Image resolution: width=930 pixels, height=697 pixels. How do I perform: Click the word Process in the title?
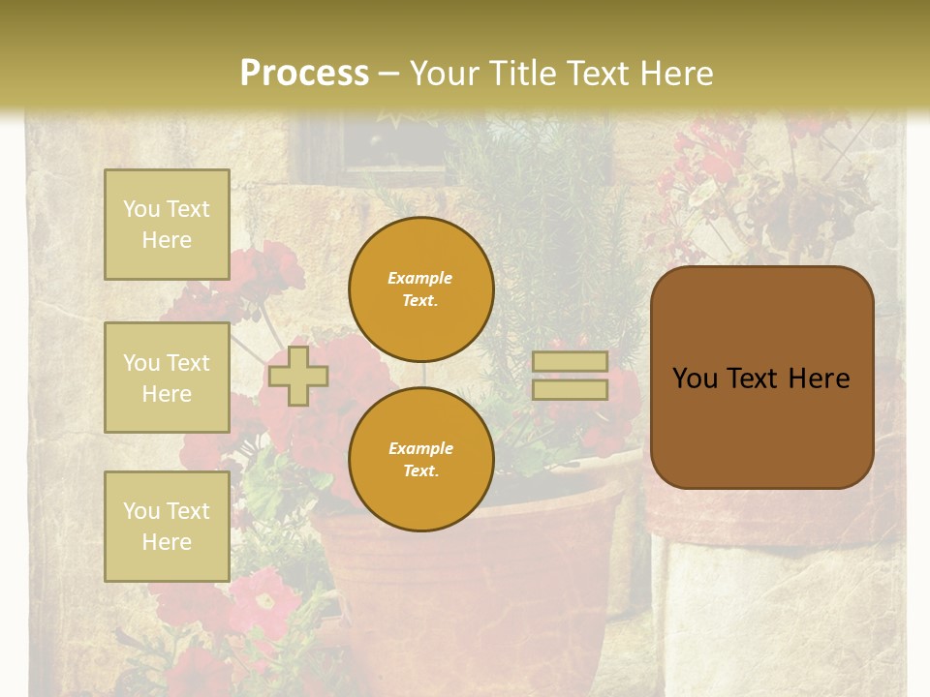click(304, 74)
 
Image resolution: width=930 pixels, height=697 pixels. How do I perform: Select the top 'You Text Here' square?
click(167, 225)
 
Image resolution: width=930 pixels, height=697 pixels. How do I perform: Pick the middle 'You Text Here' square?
click(167, 378)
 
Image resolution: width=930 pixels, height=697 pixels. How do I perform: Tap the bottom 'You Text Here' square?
click(167, 526)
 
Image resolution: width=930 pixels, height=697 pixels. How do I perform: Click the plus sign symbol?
click(298, 376)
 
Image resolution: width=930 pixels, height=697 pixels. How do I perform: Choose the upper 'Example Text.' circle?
click(421, 289)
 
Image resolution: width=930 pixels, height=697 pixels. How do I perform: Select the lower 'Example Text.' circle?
click(421, 460)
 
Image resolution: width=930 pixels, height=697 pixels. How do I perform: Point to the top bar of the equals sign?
click(571, 361)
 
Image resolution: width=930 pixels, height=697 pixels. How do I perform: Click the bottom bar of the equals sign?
click(571, 390)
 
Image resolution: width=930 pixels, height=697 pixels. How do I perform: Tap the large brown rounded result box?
click(762, 426)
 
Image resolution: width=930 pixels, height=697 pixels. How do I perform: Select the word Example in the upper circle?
click(419, 278)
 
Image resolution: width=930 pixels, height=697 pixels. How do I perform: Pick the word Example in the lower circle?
click(419, 448)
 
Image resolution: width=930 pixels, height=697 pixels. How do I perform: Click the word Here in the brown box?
click(819, 379)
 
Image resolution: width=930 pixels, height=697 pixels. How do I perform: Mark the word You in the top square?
click(141, 209)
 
